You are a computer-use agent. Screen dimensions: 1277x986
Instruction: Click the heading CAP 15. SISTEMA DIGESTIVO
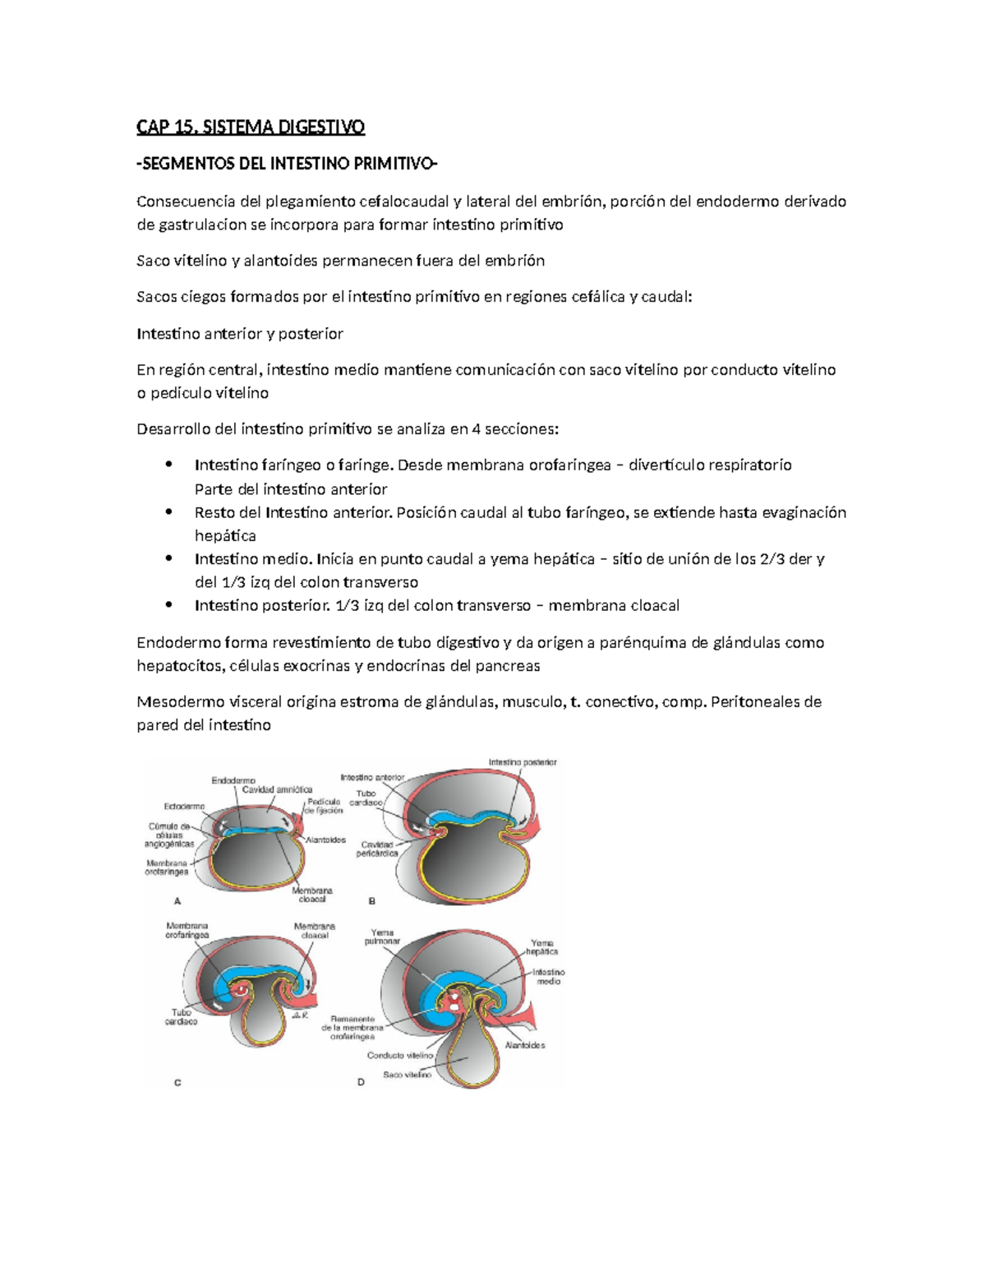[251, 127]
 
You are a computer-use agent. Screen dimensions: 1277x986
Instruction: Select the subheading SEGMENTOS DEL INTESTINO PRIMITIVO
[287, 164]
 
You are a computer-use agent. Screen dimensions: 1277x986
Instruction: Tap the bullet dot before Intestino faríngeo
[168, 465]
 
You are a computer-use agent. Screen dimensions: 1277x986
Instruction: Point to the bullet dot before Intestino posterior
[168, 605]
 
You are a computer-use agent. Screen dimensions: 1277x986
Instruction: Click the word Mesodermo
[172, 701]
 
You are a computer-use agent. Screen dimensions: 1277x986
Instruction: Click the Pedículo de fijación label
[323, 806]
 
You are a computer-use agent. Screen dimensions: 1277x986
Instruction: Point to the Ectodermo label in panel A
[184, 807]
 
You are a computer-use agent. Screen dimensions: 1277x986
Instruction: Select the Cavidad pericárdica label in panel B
[377, 849]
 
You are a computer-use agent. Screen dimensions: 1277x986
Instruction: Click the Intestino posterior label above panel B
[523, 762]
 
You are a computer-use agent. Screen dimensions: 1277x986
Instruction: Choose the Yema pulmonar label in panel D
[383, 937]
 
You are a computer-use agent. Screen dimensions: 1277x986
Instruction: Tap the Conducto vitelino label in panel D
[400, 1056]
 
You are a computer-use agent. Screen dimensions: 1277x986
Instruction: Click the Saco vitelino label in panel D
[407, 1075]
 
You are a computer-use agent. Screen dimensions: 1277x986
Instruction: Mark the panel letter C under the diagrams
[177, 1083]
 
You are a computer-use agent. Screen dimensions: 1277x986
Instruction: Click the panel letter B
[372, 901]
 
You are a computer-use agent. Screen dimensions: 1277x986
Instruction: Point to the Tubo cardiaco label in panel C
[181, 1017]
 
